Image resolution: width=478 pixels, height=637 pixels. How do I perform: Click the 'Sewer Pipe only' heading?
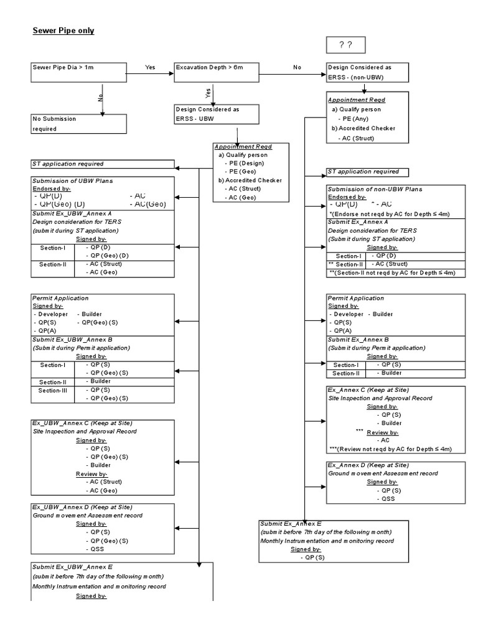coord(63,30)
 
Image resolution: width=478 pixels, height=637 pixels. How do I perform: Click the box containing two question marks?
coord(345,46)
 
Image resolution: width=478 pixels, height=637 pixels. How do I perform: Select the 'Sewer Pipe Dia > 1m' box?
coord(78,72)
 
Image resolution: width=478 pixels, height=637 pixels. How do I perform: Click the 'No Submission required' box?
coord(78,124)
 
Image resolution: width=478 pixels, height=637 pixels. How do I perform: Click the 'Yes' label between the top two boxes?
coord(150,67)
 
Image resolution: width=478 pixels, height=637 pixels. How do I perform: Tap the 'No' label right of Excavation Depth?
coord(297,67)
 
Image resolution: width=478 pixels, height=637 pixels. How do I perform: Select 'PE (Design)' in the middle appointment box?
coord(244,163)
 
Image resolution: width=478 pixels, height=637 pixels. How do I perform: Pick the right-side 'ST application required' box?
coord(368,172)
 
